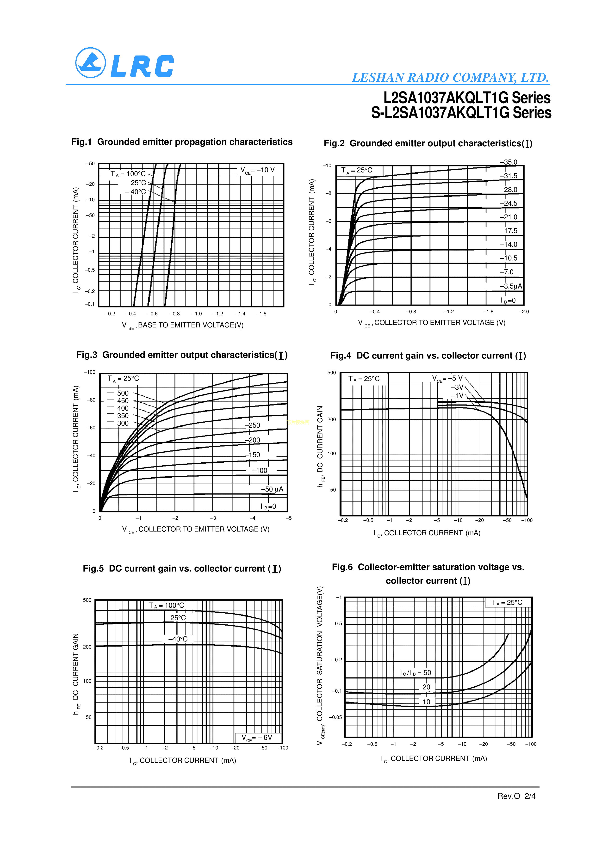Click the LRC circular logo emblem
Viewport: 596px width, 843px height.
(x=90, y=63)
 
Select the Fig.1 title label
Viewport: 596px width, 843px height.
(x=182, y=142)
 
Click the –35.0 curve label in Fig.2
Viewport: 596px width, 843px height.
(x=508, y=162)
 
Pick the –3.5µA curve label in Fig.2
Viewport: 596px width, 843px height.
(x=511, y=286)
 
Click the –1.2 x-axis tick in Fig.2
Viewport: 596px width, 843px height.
(x=448, y=312)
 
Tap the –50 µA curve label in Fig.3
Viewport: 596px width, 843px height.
(x=272, y=489)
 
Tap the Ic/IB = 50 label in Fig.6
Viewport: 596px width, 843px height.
(x=415, y=673)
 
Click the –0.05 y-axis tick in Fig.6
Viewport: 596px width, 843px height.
(x=335, y=717)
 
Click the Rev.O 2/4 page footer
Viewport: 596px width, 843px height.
(x=516, y=796)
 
